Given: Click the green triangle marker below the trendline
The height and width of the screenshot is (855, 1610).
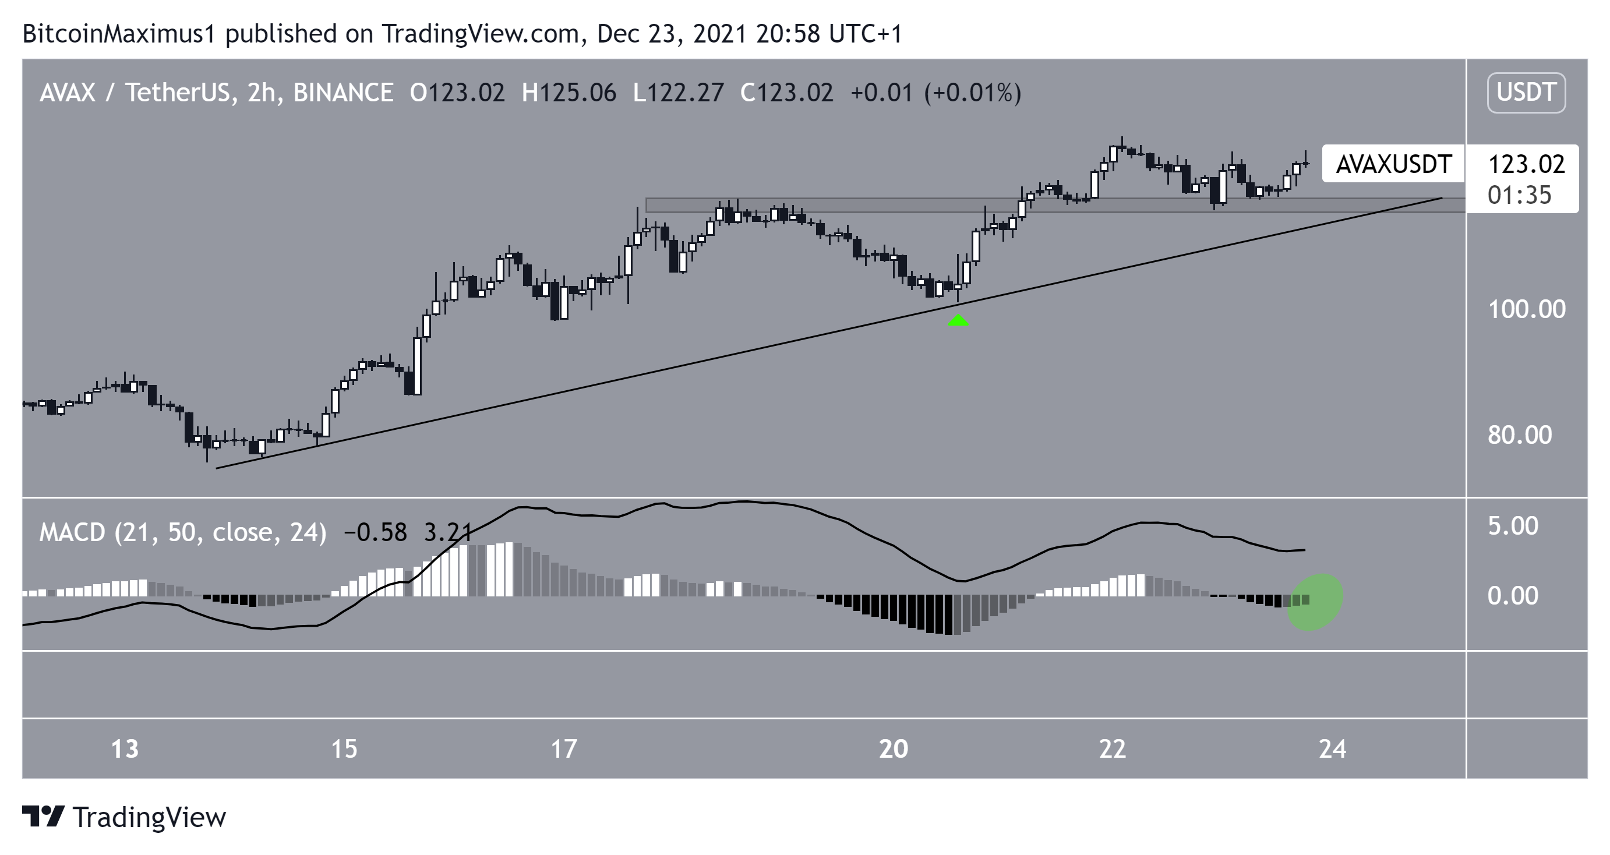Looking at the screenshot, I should click(958, 321).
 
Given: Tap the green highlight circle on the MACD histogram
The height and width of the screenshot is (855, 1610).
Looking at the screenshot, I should click(1314, 601).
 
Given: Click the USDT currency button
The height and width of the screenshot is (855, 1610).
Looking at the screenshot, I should click(1526, 93).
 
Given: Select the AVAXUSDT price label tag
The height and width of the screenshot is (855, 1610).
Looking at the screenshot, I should click(1393, 164).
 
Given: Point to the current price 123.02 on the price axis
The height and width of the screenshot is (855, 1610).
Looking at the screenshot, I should click(1526, 164).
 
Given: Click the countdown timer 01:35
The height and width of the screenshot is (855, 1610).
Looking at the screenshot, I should click(1519, 196).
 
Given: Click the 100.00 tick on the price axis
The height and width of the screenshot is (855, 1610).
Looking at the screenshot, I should click(1526, 309).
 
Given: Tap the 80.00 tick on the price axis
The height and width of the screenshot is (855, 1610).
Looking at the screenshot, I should click(1519, 435).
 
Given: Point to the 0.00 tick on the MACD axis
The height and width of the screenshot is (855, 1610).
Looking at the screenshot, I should click(1513, 596).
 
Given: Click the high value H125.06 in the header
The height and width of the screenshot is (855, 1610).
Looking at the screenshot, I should click(569, 93).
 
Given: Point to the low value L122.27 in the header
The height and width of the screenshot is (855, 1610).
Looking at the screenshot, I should click(678, 93).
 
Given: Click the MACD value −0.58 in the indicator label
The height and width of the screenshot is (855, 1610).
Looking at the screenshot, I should click(375, 532).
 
